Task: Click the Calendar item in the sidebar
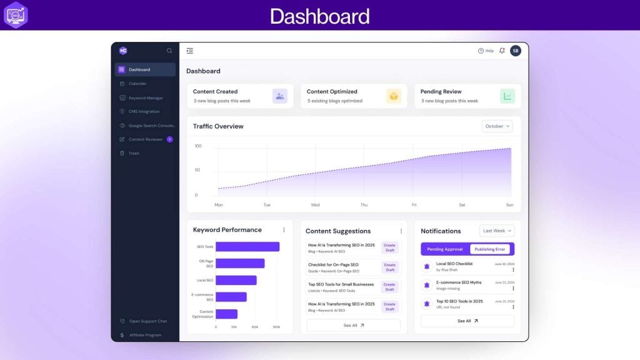[137, 84]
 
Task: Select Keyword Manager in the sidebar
[146, 97]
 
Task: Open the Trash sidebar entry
[134, 153]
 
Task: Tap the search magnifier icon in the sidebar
[169, 51]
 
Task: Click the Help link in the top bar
[486, 51]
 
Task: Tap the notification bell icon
[502, 51]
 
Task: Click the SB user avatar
[516, 51]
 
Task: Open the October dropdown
[497, 126]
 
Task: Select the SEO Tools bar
[247, 246]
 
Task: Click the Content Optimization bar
[226, 314]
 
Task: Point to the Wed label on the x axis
[315, 205]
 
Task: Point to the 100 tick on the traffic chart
[198, 146]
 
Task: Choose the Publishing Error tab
[490, 249]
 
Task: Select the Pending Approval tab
[445, 249]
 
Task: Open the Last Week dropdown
[497, 231]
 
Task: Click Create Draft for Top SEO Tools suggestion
[389, 287]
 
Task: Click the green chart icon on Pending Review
[507, 96]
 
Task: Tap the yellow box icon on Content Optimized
[394, 96]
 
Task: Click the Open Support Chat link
[147, 321]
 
